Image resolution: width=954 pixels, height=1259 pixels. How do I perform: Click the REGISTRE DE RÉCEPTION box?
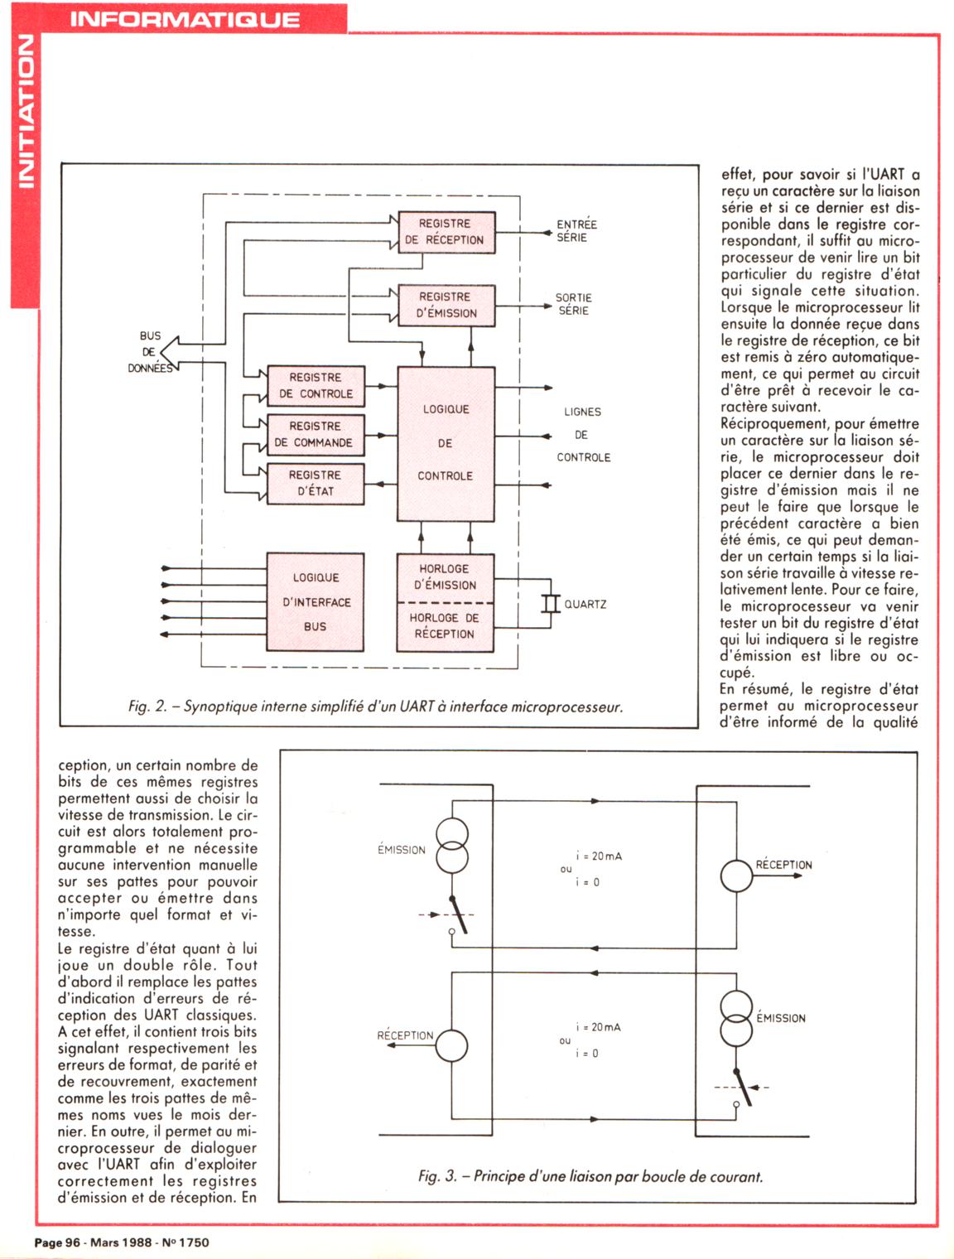pyautogui.click(x=446, y=232)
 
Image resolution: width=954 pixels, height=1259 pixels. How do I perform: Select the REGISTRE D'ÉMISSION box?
pyautogui.click(x=446, y=305)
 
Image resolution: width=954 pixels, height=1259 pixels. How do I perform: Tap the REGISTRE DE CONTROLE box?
pyautogui.click(x=316, y=385)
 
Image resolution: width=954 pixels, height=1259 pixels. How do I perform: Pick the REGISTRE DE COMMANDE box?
pyautogui.click(x=315, y=434)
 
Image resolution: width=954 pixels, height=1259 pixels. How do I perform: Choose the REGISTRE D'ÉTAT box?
pyautogui.click(x=315, y=483)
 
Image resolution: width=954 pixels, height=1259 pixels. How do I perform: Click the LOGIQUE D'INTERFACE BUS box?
pyautogui.click(x=316, y=602)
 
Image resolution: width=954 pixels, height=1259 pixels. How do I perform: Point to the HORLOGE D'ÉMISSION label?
pyautogui.click(x=445, y=576)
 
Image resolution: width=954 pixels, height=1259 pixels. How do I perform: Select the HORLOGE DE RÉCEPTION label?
pyautogui.click(x=445, y=626)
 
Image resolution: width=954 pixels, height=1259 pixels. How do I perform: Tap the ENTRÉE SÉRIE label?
pyautogui.click(x=576, y=230)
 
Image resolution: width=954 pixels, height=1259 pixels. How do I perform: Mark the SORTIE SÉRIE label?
pyautogui.click(x=574, y=304)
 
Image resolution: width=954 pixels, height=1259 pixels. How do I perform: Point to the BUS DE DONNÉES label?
pyautogui.click(x=150, y=352)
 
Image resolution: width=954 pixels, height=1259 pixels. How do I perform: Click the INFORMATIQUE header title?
pyautogui.click(x=185, y=18)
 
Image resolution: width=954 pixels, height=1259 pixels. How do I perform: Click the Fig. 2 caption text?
pyautogui.click(x=375, y=707)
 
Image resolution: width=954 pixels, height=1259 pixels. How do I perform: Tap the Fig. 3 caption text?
pyautogui.click(x=590, y=1176)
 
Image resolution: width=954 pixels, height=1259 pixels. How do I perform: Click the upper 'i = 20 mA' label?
pyautogui.click(x=599, y=856)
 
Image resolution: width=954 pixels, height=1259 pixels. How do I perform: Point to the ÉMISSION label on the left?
pyautogui.click(x=402, y=850)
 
